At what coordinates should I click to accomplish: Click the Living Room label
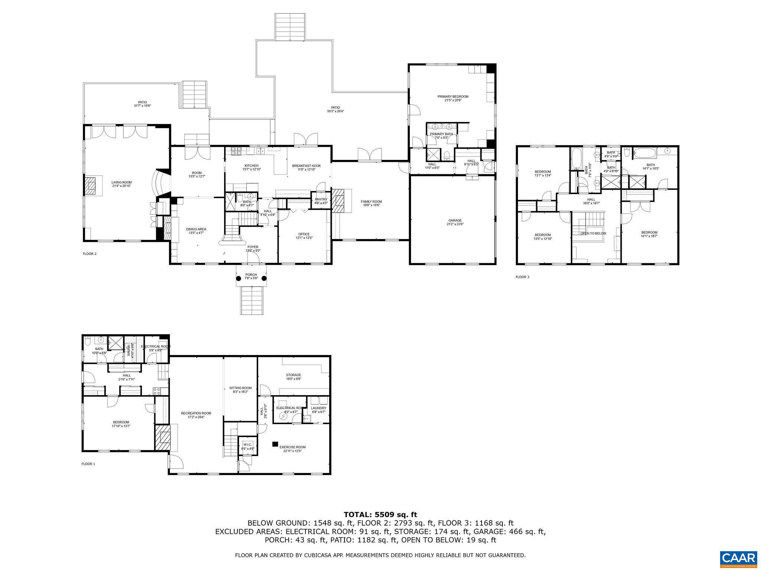tap(122, 183)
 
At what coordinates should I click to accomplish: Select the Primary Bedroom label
tap(453, 97)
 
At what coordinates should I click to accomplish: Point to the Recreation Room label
tap(196, 413)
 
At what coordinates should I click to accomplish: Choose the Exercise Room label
tap(292, 447)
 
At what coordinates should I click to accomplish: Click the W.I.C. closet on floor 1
tap(247, 445)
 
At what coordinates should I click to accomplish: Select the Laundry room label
tap(318, 408)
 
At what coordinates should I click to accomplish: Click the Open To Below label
tap(593, 233)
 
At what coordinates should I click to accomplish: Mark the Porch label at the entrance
tap(251, 275)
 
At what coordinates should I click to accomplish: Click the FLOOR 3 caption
tap(522, 277)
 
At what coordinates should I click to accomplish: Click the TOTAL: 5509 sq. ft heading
tap(380, 514)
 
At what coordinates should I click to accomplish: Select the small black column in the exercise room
tap(275, 443)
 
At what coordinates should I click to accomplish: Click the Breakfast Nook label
tap(306, 166)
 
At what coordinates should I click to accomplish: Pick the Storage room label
tap(293, 375)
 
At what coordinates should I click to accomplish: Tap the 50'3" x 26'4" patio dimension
tap(335, 111)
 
